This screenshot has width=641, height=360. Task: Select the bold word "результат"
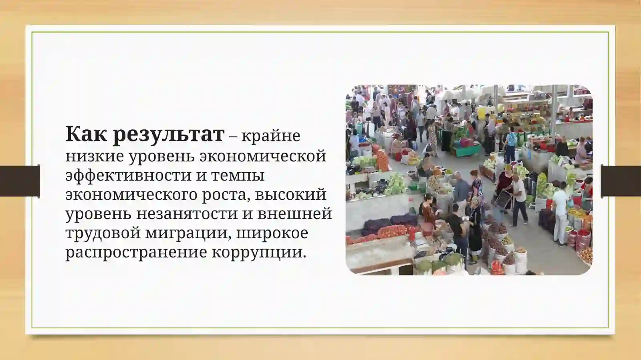[168, 135]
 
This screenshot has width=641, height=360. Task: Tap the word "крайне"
[270, 136]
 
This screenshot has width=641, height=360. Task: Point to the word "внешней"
[294, 213]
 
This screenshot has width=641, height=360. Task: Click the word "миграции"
[188, 233]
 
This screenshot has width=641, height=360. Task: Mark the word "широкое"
[272, 233]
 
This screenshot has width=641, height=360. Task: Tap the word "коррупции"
[258, 252]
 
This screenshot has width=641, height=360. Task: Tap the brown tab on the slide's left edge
[20, 181]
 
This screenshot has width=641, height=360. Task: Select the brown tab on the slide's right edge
[621, 181]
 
